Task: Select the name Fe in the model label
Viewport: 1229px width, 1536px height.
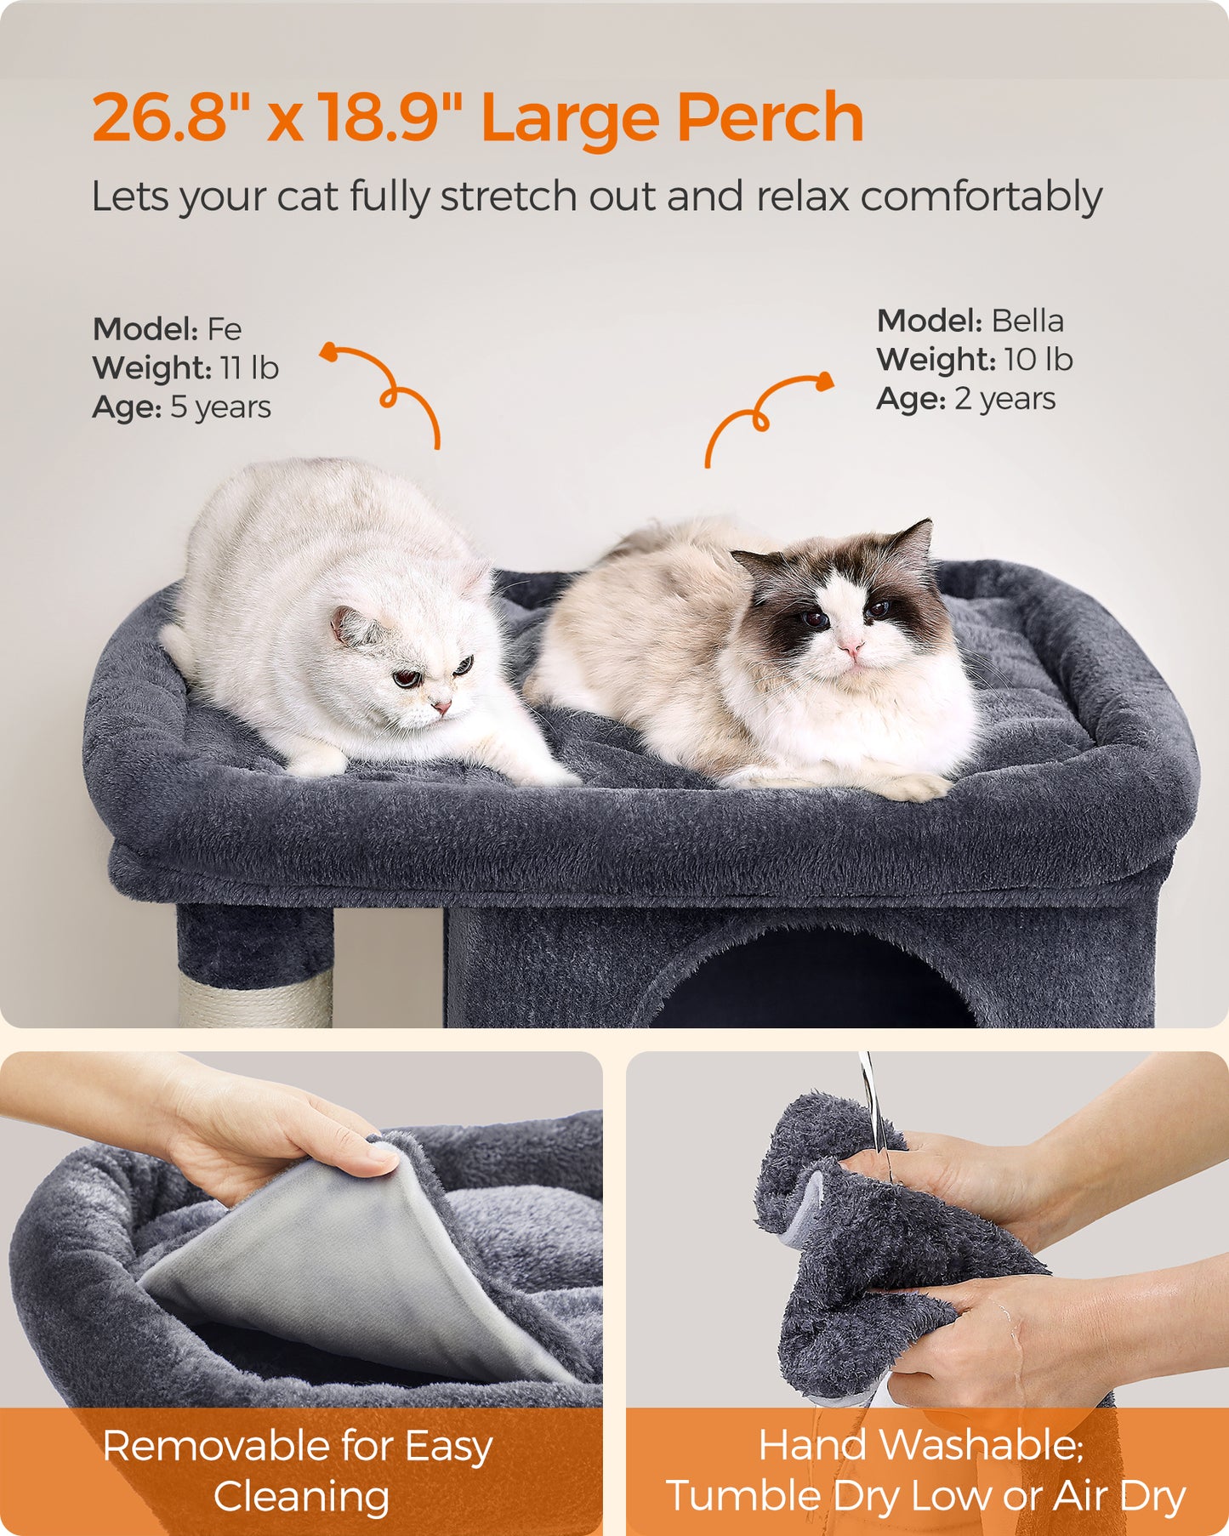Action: (225, 329)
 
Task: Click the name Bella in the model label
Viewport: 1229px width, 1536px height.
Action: (1027, 321)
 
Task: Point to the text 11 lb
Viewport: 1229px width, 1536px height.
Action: (248, 368)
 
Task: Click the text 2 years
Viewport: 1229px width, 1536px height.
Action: (1004, 399)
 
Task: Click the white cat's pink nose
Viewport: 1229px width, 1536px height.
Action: (441, 706)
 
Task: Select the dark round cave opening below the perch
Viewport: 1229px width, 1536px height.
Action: (812, 987)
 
